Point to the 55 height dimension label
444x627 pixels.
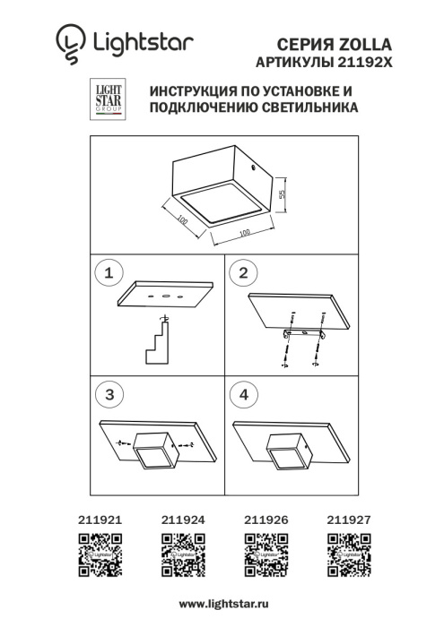(281, 194)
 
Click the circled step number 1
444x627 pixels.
(109, 271)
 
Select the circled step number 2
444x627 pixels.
(241, 271)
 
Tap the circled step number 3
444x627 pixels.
(109, 394)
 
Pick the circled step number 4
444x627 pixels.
(241, 394)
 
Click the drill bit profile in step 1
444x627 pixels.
(159, 346)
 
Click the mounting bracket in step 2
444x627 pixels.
(302, 334)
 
